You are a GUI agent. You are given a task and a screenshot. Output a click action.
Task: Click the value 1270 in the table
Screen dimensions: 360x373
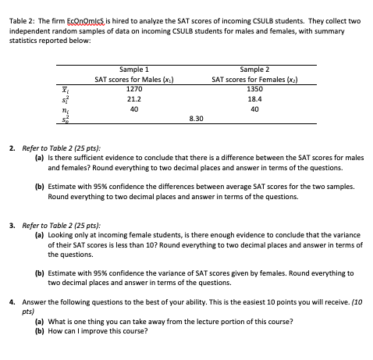(x=133, y=89)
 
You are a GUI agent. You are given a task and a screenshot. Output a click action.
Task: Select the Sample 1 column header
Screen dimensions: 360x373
(x=133, y=70)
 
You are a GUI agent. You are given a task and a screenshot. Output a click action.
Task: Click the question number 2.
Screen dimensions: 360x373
(x=12, y=146)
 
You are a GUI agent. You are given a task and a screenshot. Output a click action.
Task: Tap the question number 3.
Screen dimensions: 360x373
(x=12, y=223)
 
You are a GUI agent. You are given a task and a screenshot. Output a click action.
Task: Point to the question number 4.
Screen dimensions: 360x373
(x=12, y=301)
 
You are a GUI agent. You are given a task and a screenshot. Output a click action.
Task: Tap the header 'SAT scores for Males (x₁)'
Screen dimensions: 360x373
(x=133, y=79)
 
